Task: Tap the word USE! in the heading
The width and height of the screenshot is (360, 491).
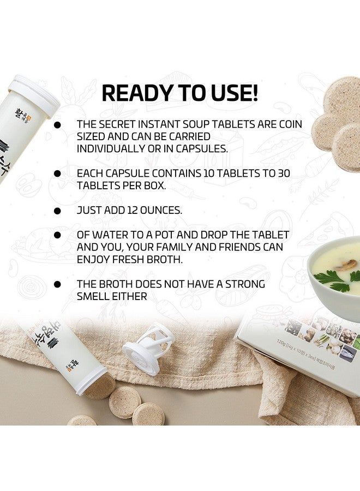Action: [x=232, y=93]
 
